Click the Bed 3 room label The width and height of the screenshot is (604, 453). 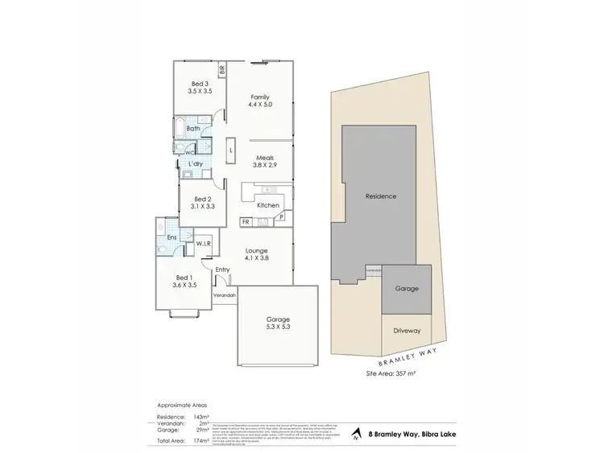click(200, 88)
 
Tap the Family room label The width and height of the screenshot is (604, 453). click(259, 101)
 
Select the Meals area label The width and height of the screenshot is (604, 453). click(266, 162)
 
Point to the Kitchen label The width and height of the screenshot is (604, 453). click(268, 205)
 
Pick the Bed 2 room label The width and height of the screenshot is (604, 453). click(202, 203)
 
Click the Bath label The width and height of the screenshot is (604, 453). click(193, 129)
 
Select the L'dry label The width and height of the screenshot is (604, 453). click(195, 164)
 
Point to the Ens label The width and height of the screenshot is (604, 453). click(172, 237)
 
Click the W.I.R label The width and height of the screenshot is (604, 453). click(203, 243)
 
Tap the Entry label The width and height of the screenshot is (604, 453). click(223, 269)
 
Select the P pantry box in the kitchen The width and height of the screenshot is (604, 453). click(283, 217)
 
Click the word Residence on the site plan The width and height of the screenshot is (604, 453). click(381, 196)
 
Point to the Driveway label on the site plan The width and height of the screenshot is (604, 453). click(407, 331)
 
